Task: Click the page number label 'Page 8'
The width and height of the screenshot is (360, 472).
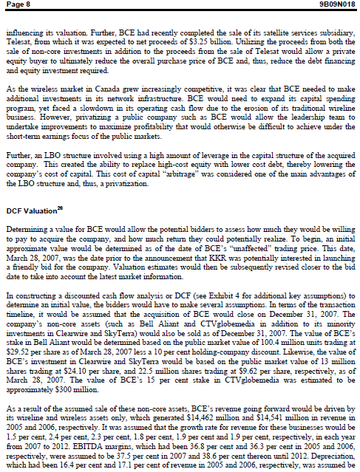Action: [19, 6]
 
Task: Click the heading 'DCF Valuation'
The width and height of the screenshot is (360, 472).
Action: [30, 211]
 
